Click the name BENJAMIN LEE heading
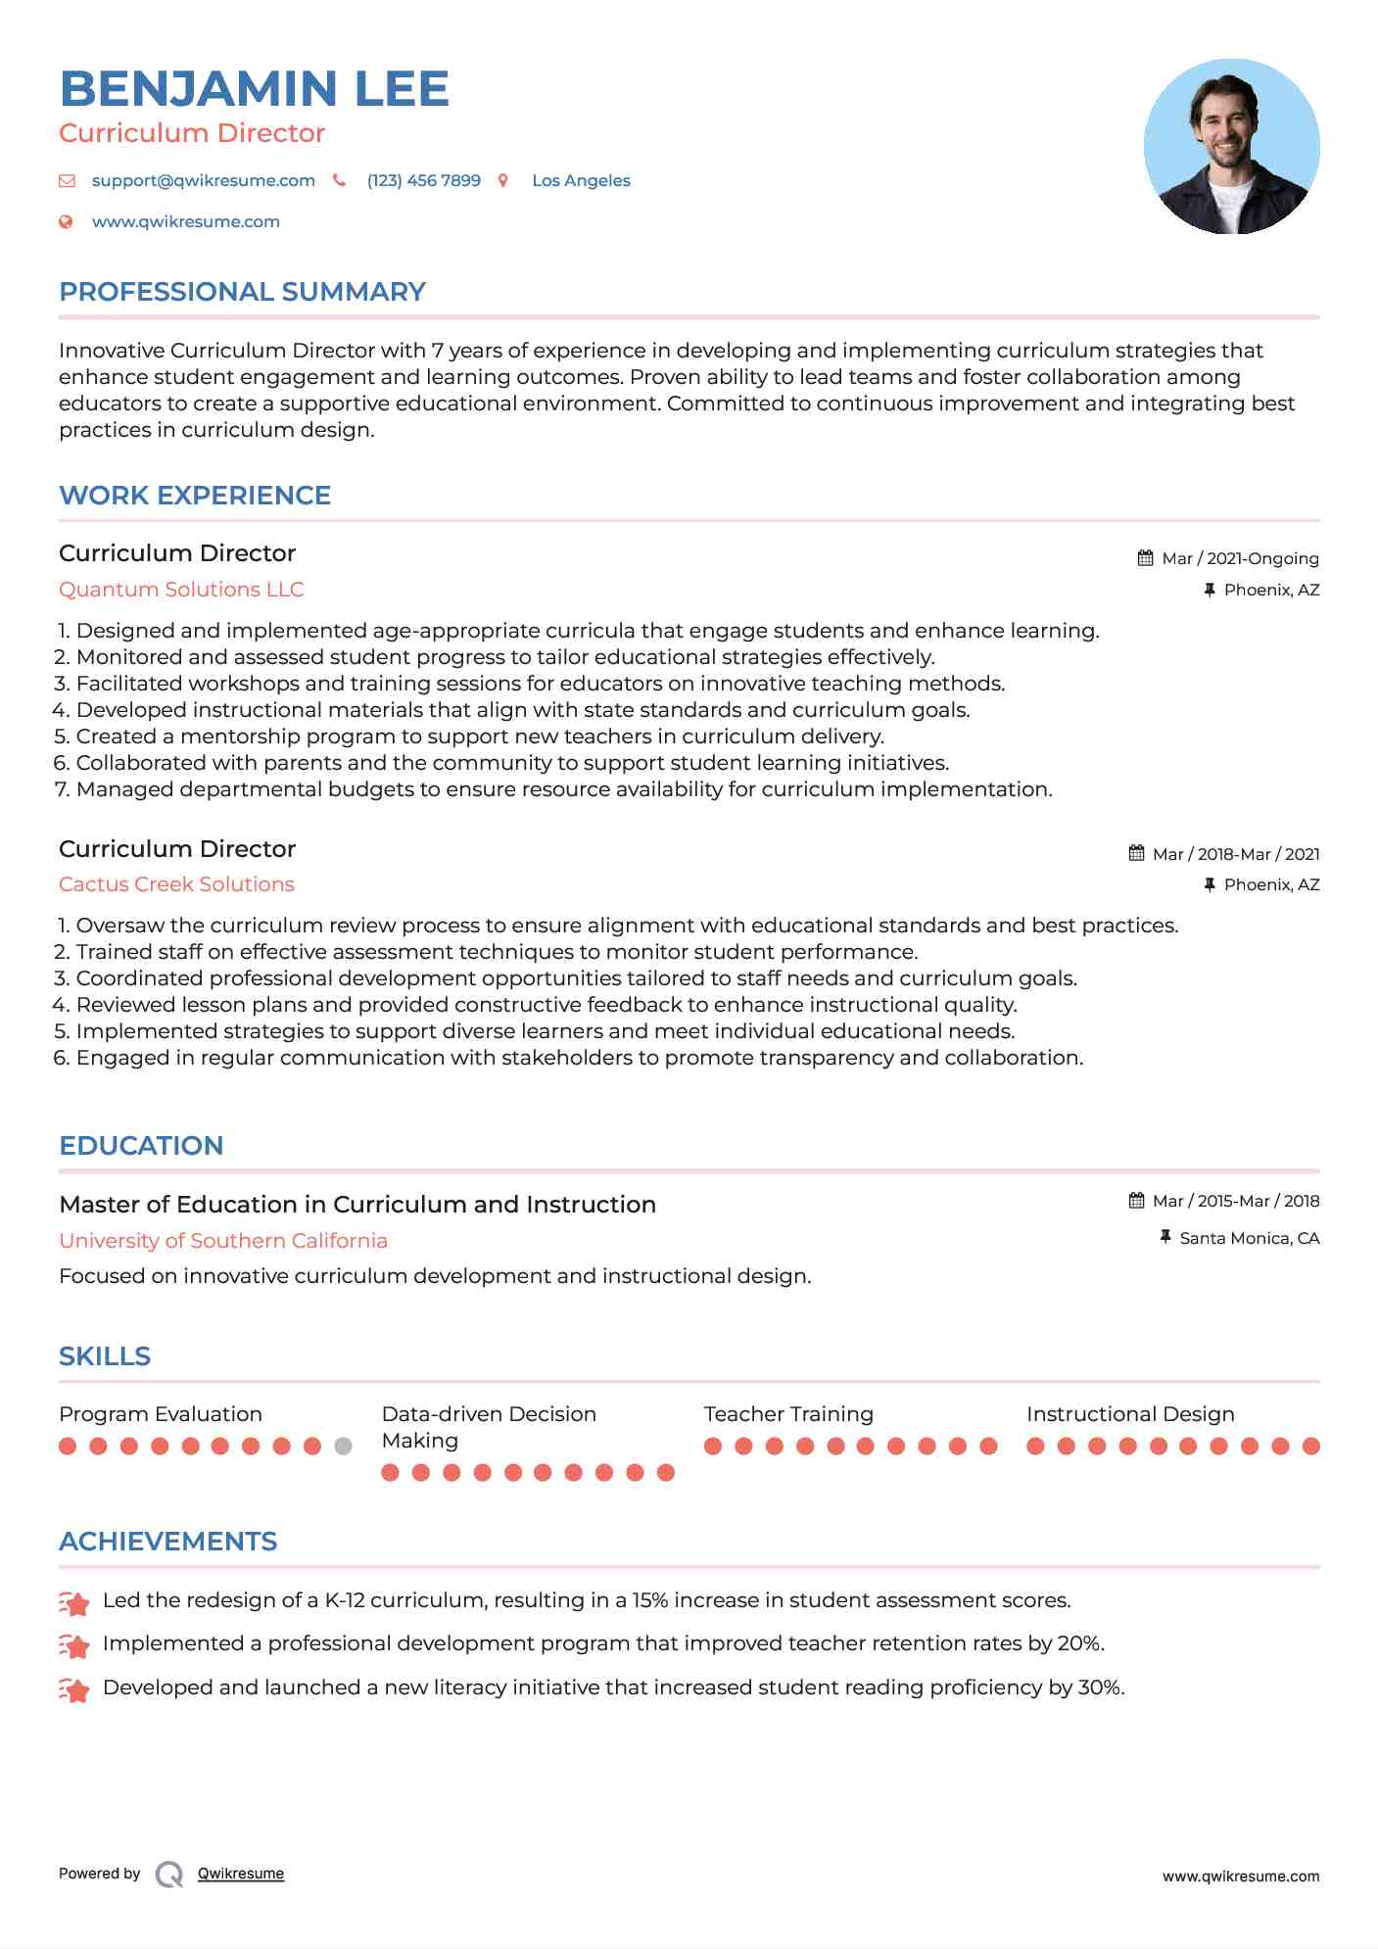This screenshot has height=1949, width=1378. (254, 89)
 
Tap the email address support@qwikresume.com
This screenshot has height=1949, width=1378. (203, 180)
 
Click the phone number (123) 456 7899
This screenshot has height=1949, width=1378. (423, 180)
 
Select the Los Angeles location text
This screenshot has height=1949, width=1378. (581, 180)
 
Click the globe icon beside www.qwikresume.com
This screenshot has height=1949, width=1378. (66, 221)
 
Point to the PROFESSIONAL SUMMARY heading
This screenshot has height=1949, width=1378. (242, 292)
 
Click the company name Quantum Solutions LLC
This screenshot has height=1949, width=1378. (181, 590)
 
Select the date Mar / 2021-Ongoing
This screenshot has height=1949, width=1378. (1239, 558)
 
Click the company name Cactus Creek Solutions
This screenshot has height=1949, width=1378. (176, 884)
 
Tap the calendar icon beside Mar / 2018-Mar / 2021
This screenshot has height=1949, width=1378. (1136, 853)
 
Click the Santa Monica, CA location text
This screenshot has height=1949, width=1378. (1249, 1238)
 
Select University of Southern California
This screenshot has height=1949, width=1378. (223, 1241)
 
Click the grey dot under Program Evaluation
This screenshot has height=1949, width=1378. (343, 1446)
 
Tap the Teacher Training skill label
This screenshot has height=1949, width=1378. (787, 1414)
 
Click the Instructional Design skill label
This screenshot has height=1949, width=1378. (1129, 1414)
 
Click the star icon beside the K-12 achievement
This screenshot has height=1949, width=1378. (74, 1603)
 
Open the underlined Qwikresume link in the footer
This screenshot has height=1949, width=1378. (240, 1874)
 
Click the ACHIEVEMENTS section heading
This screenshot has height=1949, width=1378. (167, 1542)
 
